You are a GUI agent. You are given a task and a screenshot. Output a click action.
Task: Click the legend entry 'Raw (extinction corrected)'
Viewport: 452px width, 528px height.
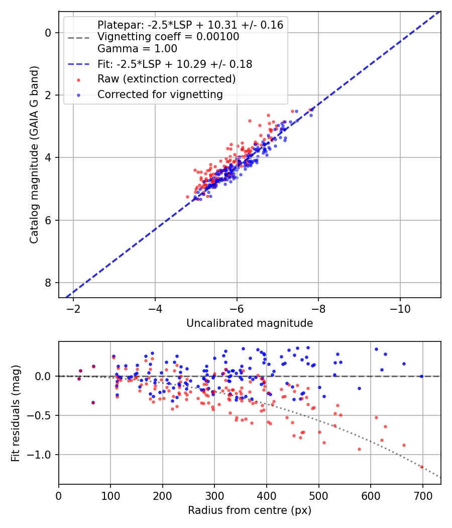click(166, 79)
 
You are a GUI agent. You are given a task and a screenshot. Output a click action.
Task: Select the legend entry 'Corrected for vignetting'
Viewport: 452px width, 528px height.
click(160, 94)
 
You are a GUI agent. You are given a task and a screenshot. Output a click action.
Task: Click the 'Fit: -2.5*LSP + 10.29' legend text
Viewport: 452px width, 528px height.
click(174, 64)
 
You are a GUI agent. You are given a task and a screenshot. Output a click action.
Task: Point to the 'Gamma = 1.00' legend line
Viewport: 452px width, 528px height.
click(137, 49)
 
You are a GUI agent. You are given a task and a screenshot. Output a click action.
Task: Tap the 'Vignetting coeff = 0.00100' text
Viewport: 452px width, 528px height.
click(168, 37)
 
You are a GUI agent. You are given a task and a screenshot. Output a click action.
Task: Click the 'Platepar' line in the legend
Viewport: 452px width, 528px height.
click(190, 25)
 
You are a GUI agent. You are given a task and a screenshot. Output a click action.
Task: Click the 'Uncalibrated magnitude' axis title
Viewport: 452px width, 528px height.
click(250, 323)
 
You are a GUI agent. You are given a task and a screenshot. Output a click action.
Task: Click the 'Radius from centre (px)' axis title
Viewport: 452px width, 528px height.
click(250, 510)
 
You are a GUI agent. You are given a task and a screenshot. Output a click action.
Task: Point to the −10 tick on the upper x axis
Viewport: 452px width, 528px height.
click(400, 307)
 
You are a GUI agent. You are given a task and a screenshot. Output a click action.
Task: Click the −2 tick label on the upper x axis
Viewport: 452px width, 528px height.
click(73, 307)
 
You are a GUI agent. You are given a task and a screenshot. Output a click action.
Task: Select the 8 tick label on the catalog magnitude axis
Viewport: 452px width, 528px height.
click(49, 283)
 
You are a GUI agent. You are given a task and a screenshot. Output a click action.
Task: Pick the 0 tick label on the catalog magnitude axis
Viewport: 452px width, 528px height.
click(49, 33)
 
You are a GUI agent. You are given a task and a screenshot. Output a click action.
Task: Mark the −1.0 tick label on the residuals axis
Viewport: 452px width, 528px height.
click(42, 455)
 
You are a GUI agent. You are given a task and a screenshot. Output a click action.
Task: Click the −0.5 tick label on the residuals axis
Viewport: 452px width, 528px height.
click(42, 415)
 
